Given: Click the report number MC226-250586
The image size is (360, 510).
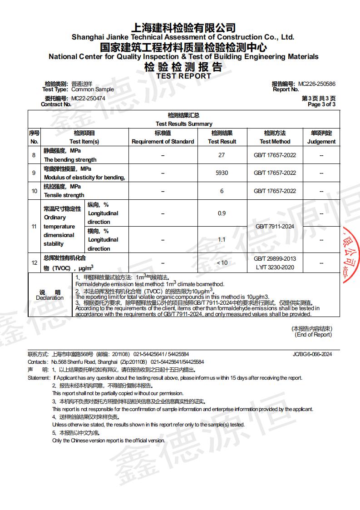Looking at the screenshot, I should pyautogui.click(x=316, y=84).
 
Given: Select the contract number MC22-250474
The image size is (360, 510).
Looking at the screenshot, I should pyautogui.click(x=88, y=98).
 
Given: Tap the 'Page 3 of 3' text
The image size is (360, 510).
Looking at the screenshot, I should pyautogui.click(x=321, y=104).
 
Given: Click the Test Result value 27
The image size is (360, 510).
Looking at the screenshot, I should pyautogui.click(x=222, y=155).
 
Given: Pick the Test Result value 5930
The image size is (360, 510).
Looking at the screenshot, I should pyautogui.click(x=222, y=173).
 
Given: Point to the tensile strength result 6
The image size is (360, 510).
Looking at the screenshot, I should pyautogui.click(x=222, y=191).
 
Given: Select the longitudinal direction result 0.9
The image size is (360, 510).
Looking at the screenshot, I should pyautogui.click(x=222, y=213).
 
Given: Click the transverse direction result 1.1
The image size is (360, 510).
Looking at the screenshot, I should pyautogui.click(x=222, y=239).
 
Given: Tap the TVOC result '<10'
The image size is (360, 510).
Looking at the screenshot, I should pyautogui.click(x=222, y=262).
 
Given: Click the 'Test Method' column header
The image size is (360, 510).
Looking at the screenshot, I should pyautogui.click(x=275, y=141).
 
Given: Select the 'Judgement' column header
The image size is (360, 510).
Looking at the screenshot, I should pyautogui.click(x=321, y=141).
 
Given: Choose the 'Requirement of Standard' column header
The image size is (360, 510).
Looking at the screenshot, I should pyautogui.click(x=163, y=141).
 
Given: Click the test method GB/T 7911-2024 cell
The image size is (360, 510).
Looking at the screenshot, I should pyautogui.click(x=275, y=226).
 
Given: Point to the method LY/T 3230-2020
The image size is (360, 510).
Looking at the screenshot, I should pyautogui.click(x=275, y=267).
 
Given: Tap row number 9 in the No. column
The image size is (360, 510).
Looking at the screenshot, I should pyautogui.click(x=34, y=173).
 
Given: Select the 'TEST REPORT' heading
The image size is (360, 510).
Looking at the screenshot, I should pyautogui.click(x=183, y=76).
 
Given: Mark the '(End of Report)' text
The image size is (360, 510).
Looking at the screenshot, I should pyautogui.click(x=313, y=335).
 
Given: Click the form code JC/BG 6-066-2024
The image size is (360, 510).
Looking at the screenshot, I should pyautogui.click(x=312, y=354).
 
